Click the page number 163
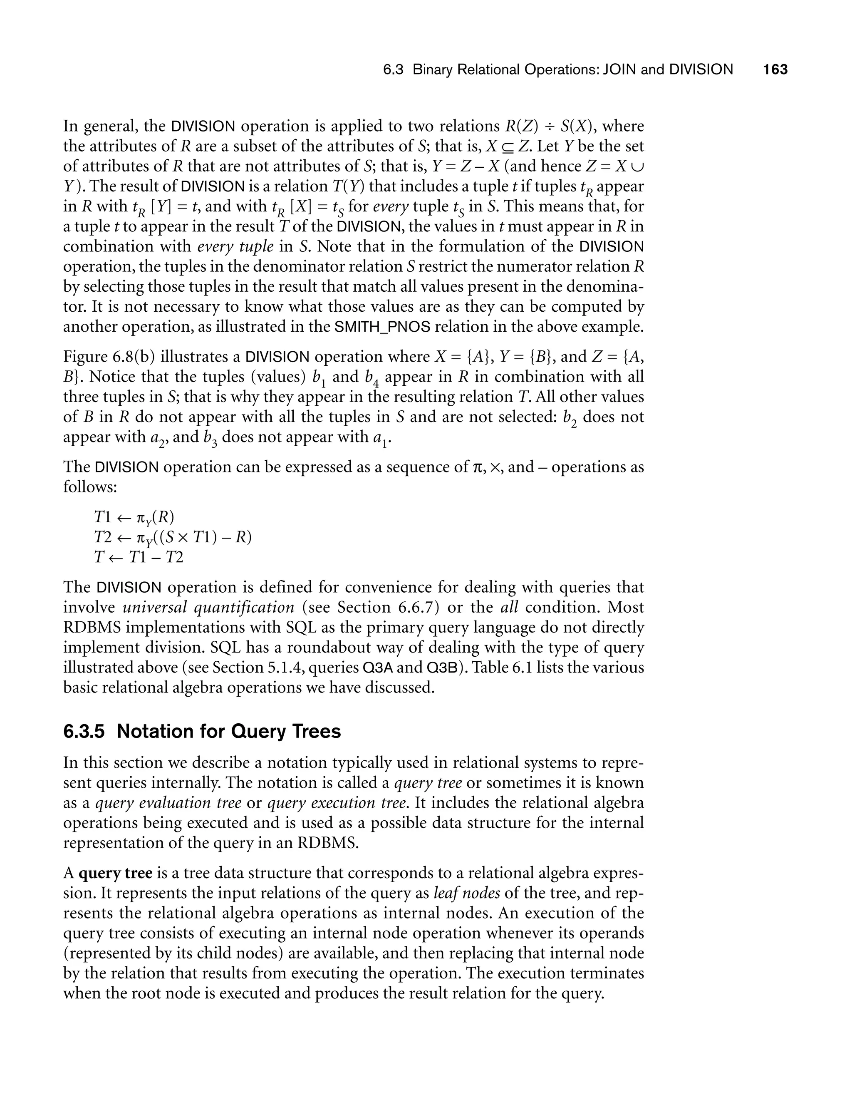point(775,70)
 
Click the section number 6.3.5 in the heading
point(84,732)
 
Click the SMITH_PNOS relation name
point(382,327)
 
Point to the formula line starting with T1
point(134,517)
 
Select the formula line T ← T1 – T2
point(139,558)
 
